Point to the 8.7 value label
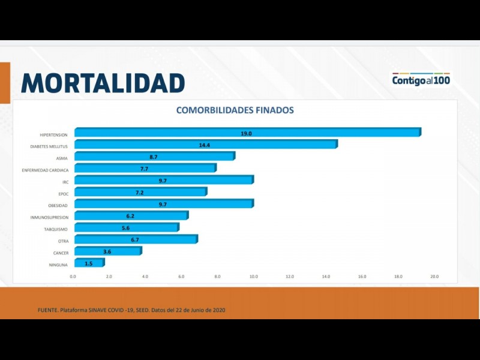click(x=154, y=157)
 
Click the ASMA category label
click(x=62, y=158)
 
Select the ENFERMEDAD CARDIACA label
click(x=45, y=170)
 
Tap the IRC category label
click(x=65, y=182)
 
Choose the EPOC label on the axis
click(x=63, y=194)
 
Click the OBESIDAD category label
click(x=57, y=205)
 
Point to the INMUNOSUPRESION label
click(x=49, y=217)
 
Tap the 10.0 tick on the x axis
click(x=254, y=277)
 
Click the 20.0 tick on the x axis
click(x=434, y=277)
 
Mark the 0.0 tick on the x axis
click(x=73, y=277)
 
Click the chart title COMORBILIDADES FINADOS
click(x=235, y=110)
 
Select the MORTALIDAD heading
click(x=103, y=83)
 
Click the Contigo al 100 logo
click(x=421, y=79)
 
